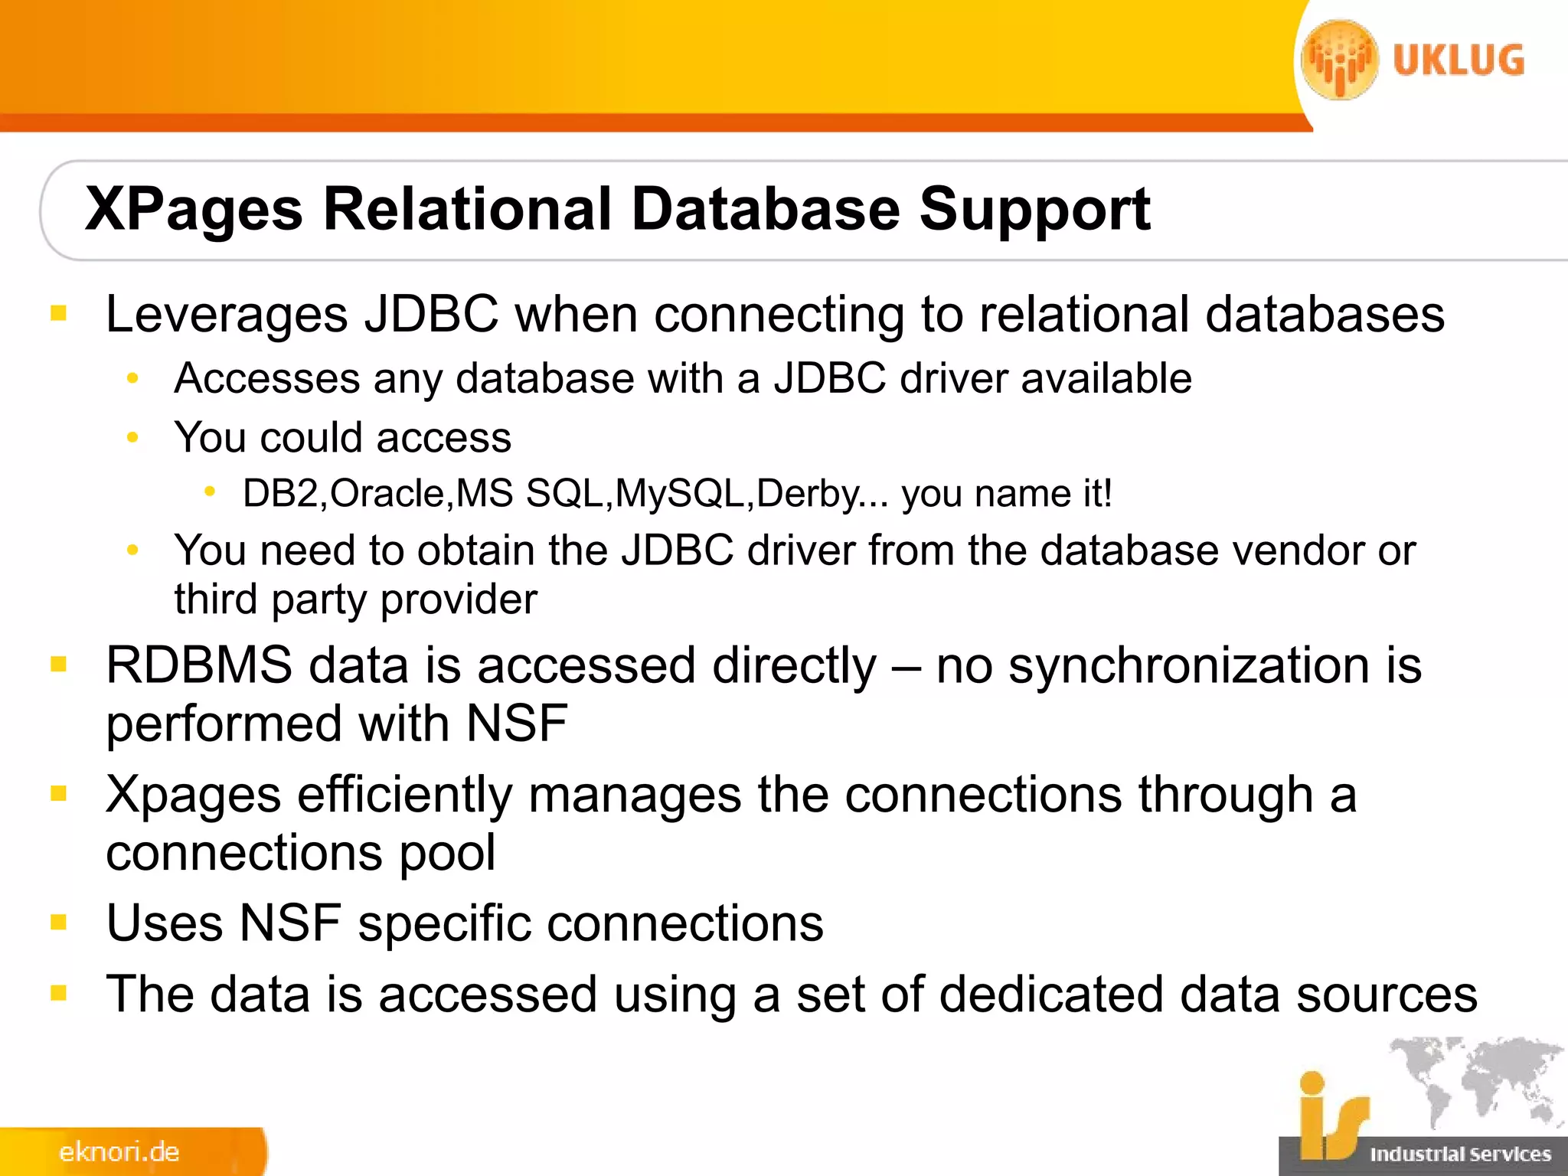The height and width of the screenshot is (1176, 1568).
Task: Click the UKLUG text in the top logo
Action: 1459,61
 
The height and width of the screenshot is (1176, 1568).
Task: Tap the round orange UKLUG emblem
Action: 1339,60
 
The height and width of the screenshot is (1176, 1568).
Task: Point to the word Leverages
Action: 227,315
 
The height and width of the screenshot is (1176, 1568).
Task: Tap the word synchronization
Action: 1189,665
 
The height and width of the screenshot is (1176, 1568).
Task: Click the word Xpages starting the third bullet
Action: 193,795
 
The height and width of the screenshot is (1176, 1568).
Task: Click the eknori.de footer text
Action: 119,1152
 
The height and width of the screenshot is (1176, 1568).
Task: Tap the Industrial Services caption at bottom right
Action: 1460,1154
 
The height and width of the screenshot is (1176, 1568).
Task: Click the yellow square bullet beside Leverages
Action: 59,313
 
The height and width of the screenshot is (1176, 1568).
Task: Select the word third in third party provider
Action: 215,599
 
